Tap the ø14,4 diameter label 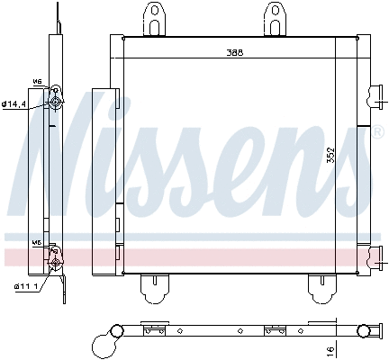tap(14, 104)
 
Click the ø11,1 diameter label tap(14, 286)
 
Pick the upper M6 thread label tap(38, 80)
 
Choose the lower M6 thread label tap(37, 243)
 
